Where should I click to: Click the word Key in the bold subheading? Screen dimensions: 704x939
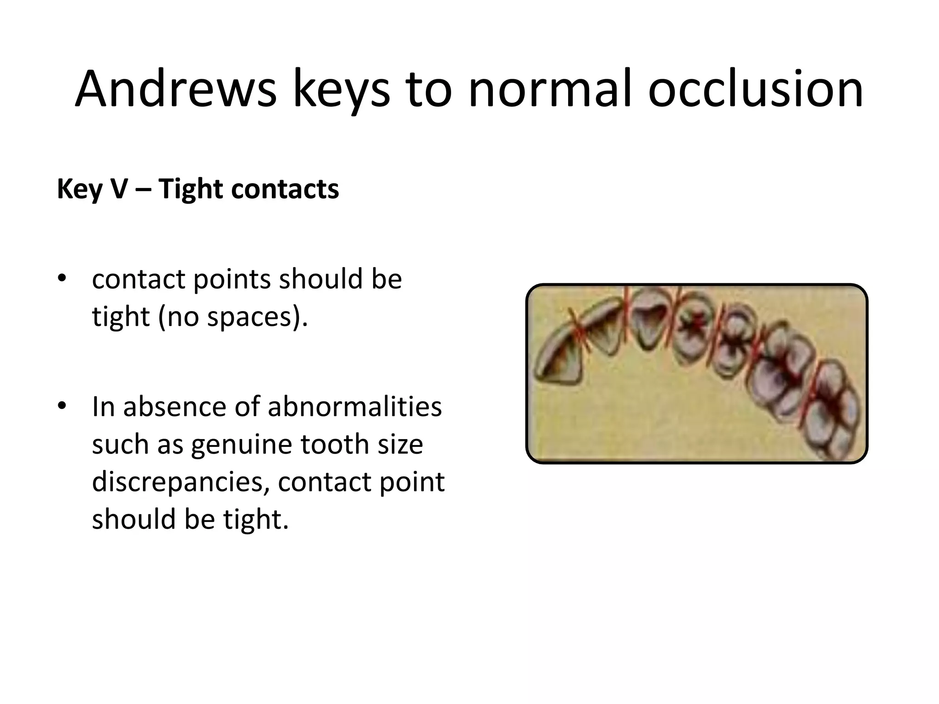point(79,189)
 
